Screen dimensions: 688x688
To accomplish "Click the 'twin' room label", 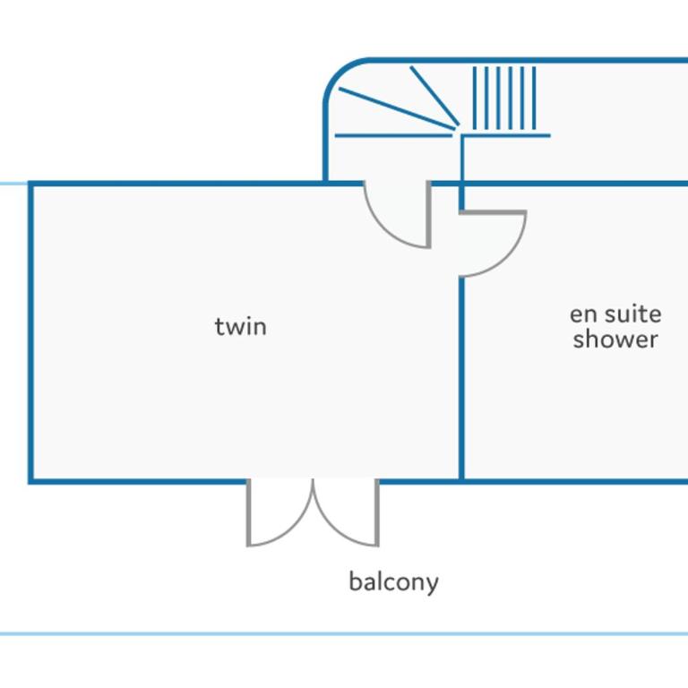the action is (240, 327).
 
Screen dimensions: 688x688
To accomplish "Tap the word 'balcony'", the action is (393, 582).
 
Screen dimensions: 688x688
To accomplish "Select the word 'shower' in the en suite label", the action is (615, 340).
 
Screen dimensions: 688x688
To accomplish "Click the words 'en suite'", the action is (615, 314).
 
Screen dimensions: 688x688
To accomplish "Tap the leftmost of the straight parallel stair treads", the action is (475, 99).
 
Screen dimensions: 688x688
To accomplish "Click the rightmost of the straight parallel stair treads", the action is (534, 99).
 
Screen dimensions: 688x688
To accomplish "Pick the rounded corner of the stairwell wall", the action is (340, 73).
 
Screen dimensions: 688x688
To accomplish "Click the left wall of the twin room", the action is (30, 332).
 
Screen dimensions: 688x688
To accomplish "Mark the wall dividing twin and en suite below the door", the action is (461, 379).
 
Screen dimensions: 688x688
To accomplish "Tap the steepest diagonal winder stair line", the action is (434, 96).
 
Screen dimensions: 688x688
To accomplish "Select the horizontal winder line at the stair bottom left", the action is (393, 135).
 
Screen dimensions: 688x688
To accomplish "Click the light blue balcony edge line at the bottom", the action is (344, 634).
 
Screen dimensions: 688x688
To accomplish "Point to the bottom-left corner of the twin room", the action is (30, 481).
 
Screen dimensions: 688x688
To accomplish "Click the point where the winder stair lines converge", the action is (457, 128).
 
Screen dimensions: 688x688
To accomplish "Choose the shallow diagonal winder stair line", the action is (397, 108).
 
